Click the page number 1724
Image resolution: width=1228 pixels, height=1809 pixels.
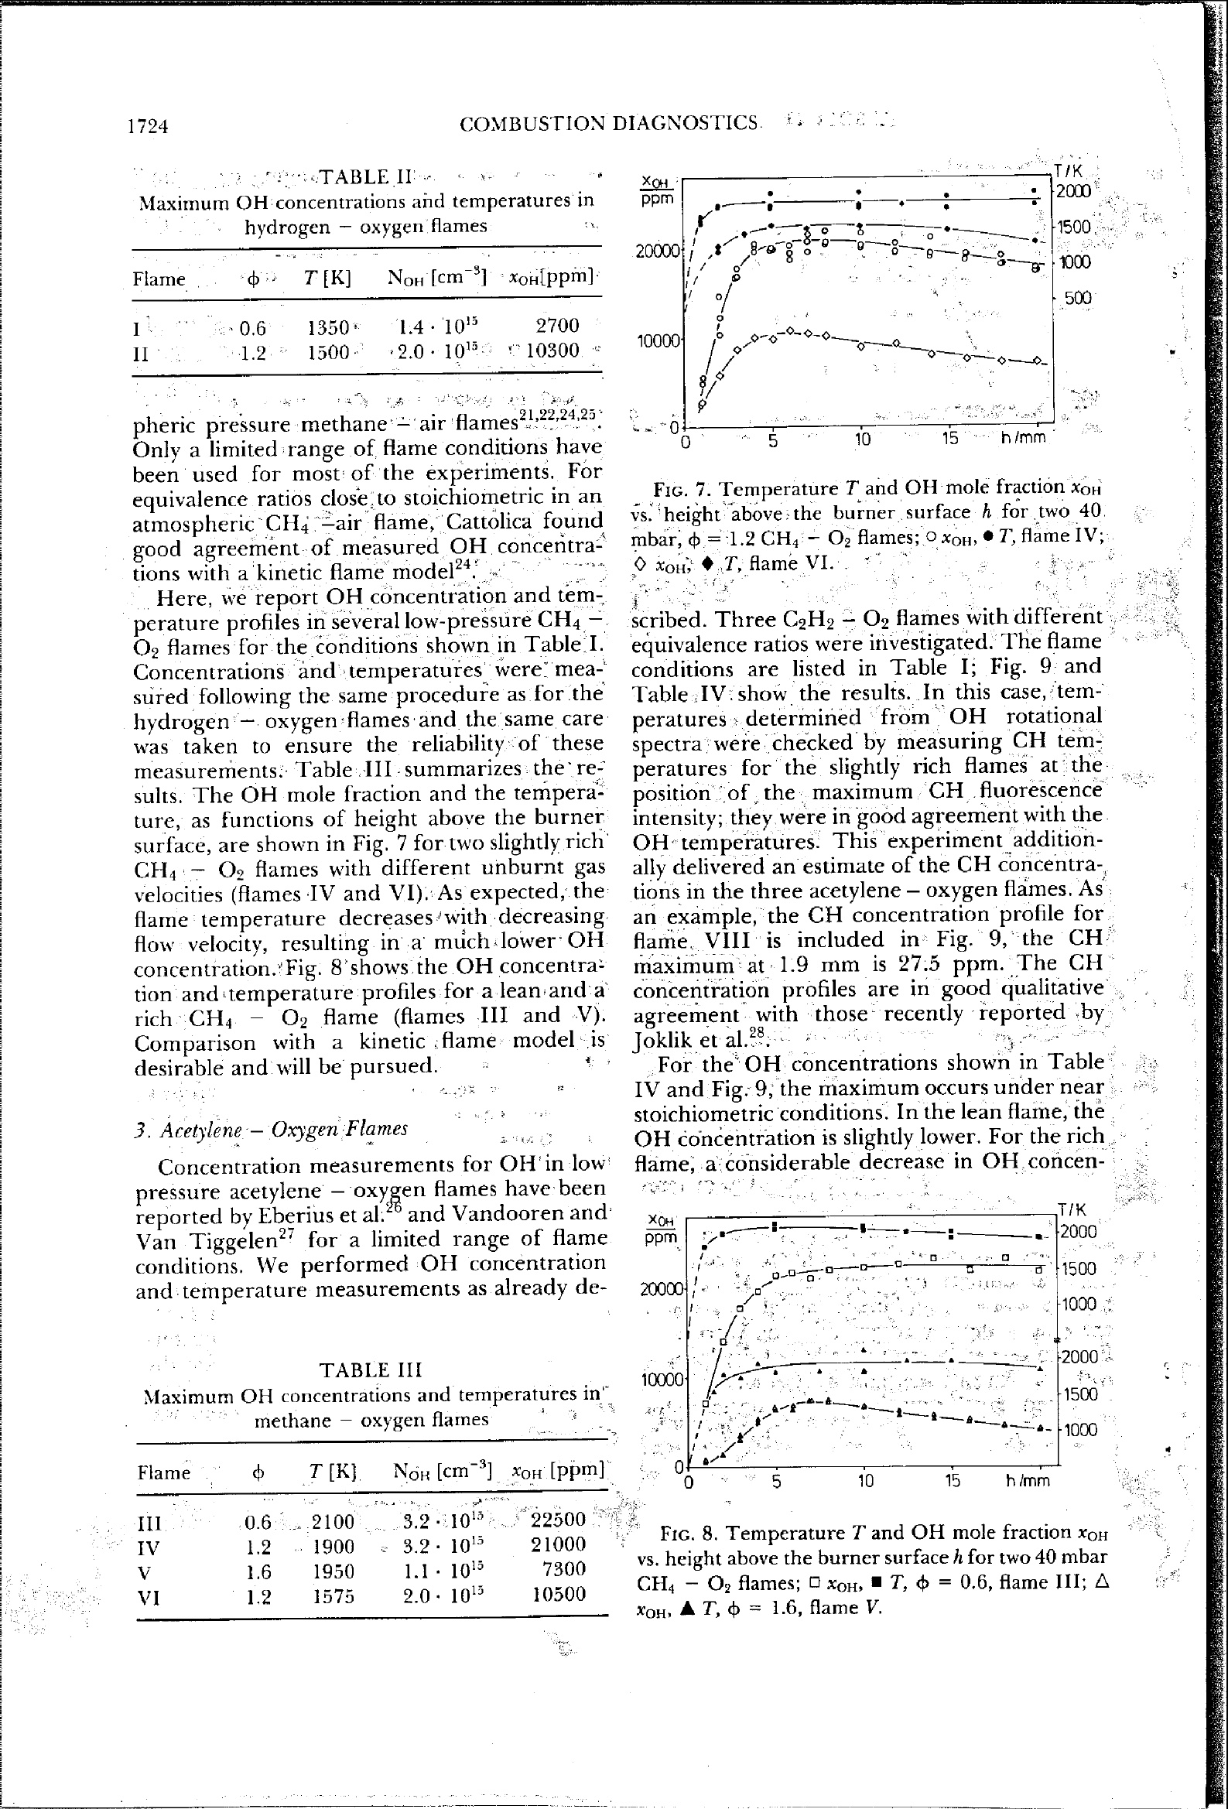pos(148,125)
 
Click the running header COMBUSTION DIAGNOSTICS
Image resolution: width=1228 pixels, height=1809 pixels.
pos(609,123)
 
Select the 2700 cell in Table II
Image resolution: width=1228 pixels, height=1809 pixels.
pos(557,325)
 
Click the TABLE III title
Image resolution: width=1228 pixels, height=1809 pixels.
pos(372,1370)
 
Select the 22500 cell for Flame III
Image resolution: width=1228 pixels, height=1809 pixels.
pos(558,1519)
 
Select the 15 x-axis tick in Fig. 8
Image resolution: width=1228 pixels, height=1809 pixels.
pos(953,1480)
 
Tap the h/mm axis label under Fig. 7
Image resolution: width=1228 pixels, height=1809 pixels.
pos(1023,438)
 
